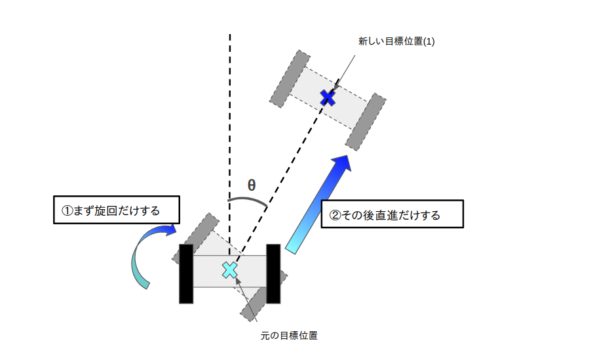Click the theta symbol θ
click(x=252, y=185)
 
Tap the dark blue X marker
click(x=328, y=98)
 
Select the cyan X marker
click(x=229, y=270)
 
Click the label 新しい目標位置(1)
click(x=396, y=41)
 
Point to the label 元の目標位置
click(x=289, y=336)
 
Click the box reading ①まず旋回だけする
click(x=117, y=210)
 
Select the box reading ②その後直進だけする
click(x=392, y=214)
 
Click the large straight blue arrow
click(x=318, y=204)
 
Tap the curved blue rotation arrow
click(x=140, y=251)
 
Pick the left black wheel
click(x=186, y=274)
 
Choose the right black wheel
click(x=273, y=274)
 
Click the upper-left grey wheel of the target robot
click(x=290, y=79)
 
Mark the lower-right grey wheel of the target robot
click(x=366, y=122)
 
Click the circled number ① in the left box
click(x=67, y=210)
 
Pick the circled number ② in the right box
click(x=335, y=215)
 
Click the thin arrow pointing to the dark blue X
click(x=343, y=74)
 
